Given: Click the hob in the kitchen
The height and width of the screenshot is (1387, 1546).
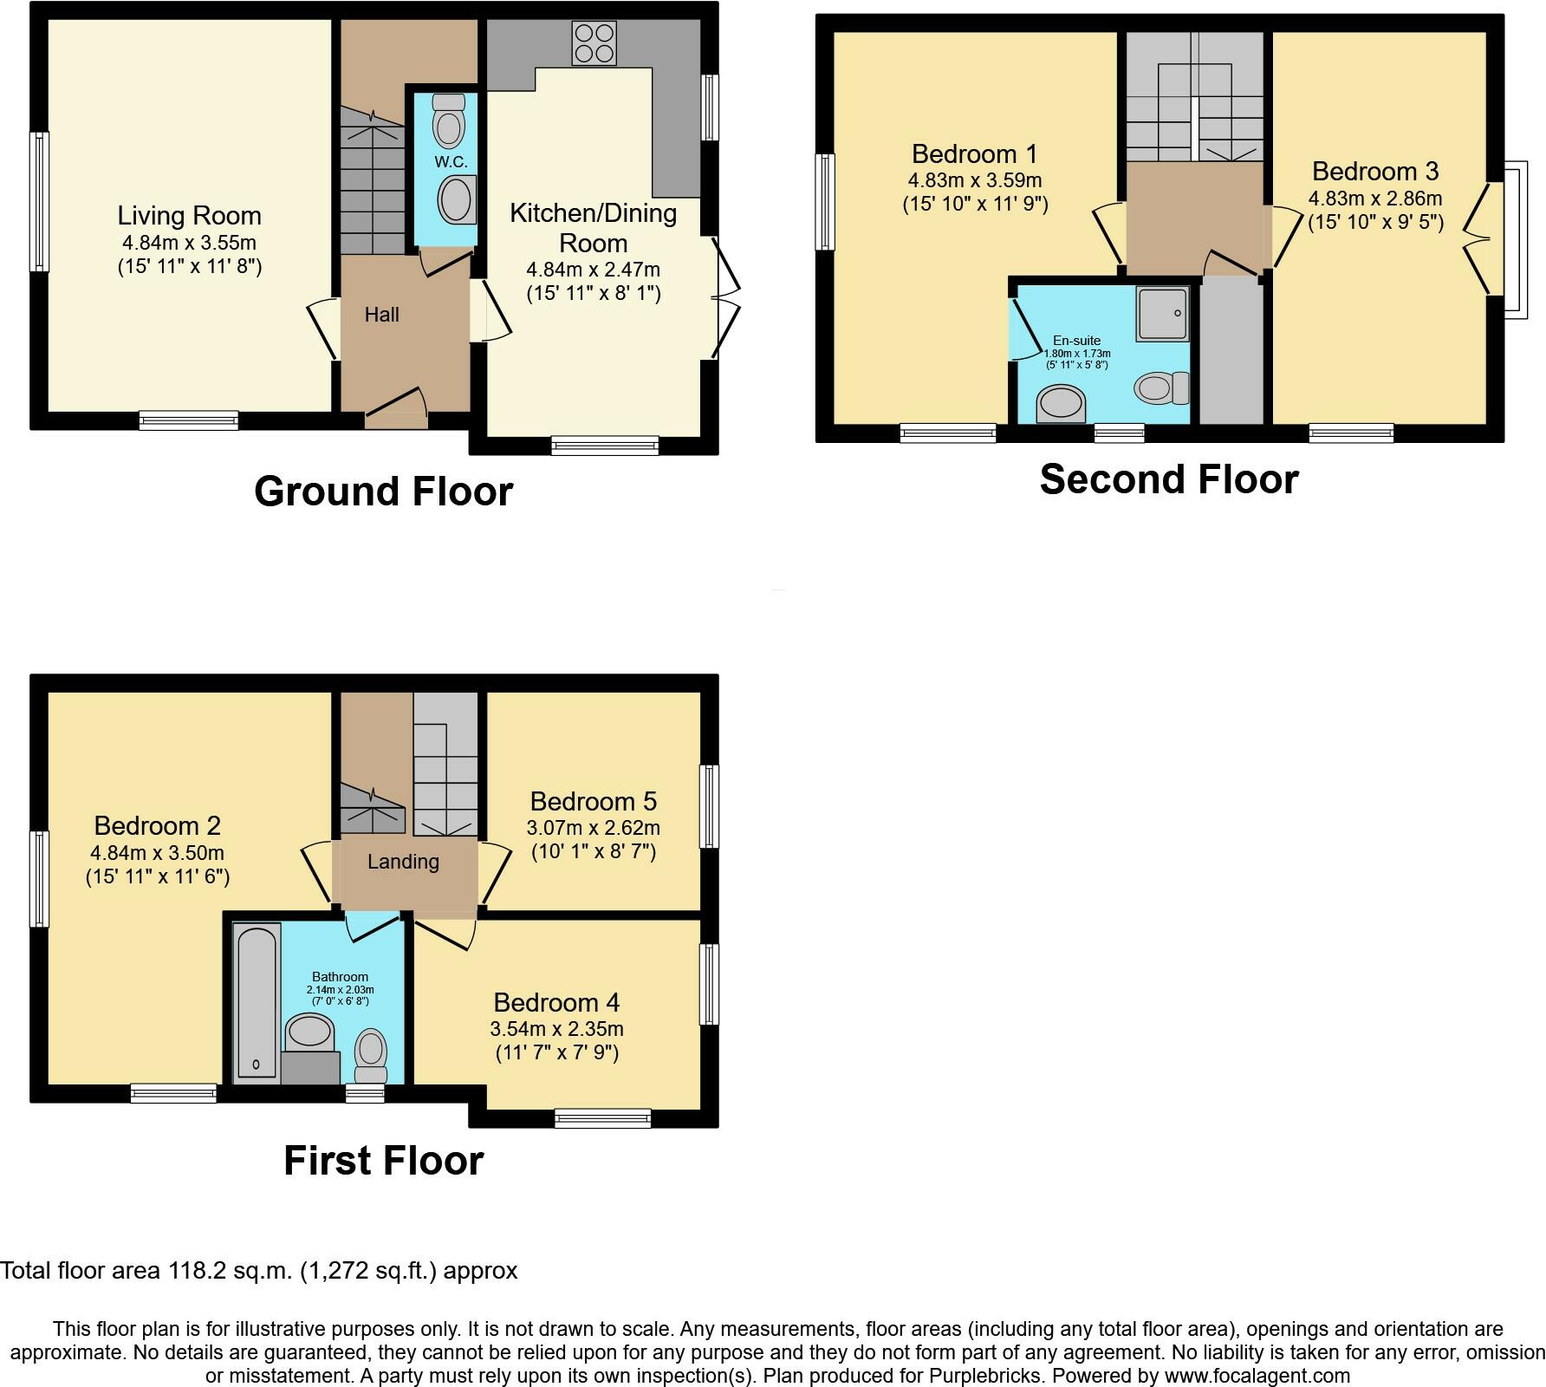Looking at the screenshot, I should (594, 42).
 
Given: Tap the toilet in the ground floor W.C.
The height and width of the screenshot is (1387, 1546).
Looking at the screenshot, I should (448, 120).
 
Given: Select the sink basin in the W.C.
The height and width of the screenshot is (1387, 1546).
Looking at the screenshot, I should (457, 199).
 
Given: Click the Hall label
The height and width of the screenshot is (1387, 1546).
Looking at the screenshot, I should (381, 315).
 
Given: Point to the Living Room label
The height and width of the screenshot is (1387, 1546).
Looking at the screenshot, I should (189, 216).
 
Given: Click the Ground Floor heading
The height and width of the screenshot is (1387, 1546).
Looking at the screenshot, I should (383, 492).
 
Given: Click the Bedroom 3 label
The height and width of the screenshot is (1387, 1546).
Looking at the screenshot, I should (1374, 171).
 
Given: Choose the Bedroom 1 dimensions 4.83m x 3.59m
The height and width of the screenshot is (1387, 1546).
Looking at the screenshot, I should (974, 181).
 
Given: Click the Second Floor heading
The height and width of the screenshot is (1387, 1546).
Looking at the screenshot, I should (1168, 479).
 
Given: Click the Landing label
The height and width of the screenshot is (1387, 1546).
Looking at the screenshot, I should (403, 862).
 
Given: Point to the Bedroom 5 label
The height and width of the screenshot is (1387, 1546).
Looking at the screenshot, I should (593, 801).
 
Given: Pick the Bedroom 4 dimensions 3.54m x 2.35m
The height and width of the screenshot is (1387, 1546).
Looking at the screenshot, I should (556, 1029).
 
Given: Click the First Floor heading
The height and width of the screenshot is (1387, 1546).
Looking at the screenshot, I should (383, 1161).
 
